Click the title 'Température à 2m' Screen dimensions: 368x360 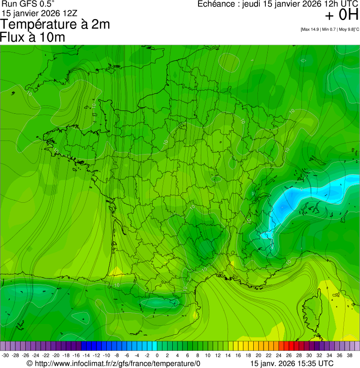[x=55, y=24]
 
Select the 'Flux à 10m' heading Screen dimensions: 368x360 [x=33, y=37]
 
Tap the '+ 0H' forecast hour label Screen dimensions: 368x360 [x=342, y=15]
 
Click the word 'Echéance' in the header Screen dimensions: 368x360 [x=217, y=4]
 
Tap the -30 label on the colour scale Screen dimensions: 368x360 [x=5, y=355]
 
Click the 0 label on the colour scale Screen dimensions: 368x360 [x=157, y=355]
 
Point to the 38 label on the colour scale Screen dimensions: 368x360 [x=349, y=355]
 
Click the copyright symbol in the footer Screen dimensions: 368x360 [x=29, y=363]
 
